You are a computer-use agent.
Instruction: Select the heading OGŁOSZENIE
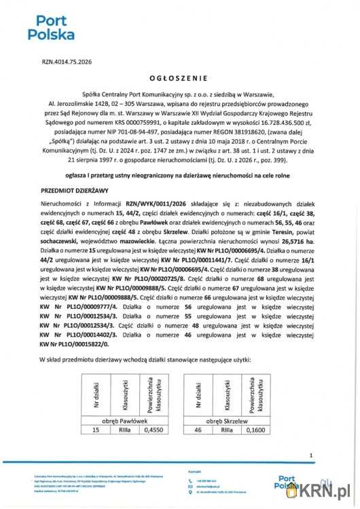coord(179,77)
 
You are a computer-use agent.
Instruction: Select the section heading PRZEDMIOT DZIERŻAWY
coord(74,192)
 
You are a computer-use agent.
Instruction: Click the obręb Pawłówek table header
coord(120,421)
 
